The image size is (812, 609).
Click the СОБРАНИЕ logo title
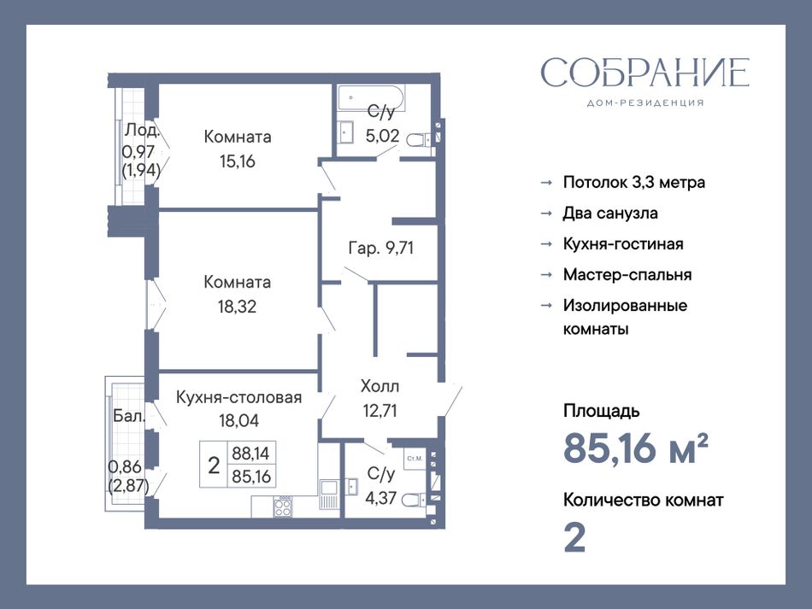pyautogui.click(x=645, y=72)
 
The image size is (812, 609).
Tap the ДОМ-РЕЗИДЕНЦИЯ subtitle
pyautogui.click(x=645, y=103)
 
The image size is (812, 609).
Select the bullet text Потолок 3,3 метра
pyautogui.click(x=634, y=182)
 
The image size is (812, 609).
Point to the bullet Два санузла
pyautogui.click(x=610, y=214)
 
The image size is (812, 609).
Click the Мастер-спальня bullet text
pyautogui.click(x=627, y=274)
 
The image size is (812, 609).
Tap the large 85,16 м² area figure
pyautogui.click(x=635, y=448)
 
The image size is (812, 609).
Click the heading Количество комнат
pyautogui.click(x=643, y=500)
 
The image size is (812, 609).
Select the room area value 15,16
pyautogui.click(x=237, y=161)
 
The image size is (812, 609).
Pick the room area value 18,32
pyautogui.click(x=237, y=307)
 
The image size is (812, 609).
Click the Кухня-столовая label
pyautogui.click(x=238, y=397)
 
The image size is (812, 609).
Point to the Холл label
pyautogui.click(x=380, y=386)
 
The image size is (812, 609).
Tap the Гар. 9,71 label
pyautogui.click(x=380, y=249)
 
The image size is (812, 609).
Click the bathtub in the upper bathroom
pyautogui.click(x=371, y=97)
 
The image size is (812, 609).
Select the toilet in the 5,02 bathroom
pyautogui.click(x=420, y=139)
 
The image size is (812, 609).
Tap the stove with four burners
pyautogui.click(x=283, y=506)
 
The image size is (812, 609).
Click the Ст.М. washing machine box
pyautogui.click(x=415, y=459)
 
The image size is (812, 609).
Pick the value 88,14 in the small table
pyautogui.click(x=250, y=454)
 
